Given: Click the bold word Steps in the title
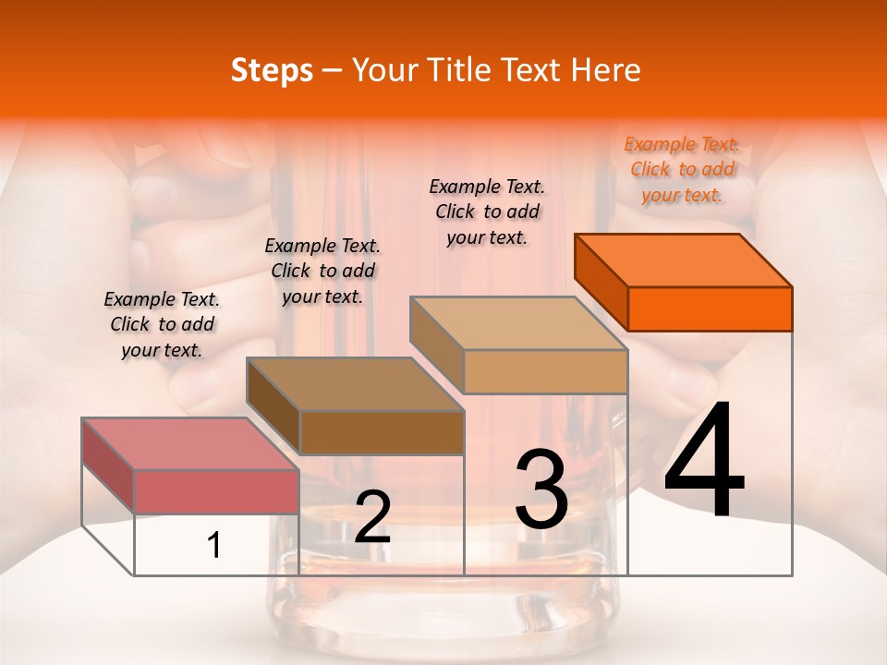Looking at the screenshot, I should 272,70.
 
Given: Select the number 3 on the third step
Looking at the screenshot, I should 541,490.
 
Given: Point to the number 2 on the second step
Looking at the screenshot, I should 372,518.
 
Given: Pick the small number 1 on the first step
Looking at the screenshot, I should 214,545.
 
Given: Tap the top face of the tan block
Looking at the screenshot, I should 518,323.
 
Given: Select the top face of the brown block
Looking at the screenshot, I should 355,384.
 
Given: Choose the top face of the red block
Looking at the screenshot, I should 190,444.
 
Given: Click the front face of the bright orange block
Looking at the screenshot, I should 710,308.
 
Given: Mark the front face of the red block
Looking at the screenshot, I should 216,491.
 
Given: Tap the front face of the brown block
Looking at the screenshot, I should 382,432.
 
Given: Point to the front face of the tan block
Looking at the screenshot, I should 545,371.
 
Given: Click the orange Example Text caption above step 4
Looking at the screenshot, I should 682,170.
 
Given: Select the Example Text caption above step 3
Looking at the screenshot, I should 487,212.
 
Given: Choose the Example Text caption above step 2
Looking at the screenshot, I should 322,272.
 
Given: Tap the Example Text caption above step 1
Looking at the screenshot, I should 162,325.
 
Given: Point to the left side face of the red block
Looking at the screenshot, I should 108,465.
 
